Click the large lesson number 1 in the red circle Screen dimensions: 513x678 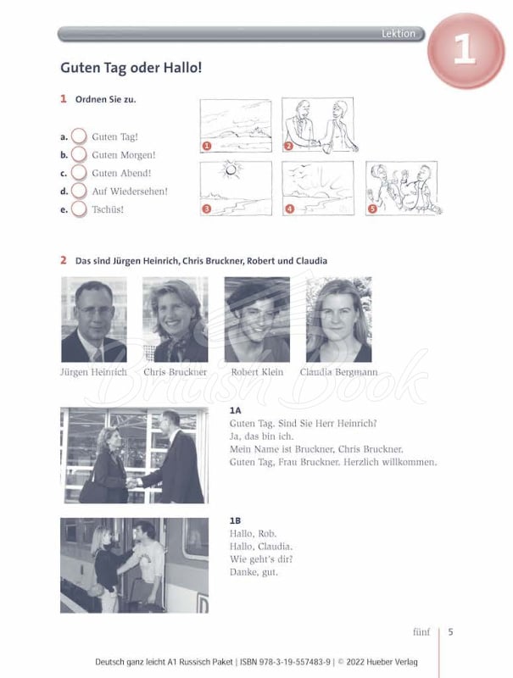tap(465, 50)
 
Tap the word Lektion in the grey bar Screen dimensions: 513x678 tap(399, 33)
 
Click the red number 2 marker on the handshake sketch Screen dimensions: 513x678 tap(288, 146)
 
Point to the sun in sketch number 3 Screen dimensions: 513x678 tap(231, 169)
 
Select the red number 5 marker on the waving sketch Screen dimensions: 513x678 tap(372, 209)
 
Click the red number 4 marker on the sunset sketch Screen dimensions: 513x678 tap(289, 209)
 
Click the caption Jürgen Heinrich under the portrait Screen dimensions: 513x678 tap(93, 372)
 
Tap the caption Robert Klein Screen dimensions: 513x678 tap(257, 372)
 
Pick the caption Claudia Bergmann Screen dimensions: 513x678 tap(338, 372)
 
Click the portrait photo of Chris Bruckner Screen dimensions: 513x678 tap(176, 320)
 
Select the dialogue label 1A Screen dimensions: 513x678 tap(236, 410)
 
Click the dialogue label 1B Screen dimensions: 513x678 tap(236, 520)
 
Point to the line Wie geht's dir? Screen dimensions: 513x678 tap(261, 559)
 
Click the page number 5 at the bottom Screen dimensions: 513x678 tap(451, 631)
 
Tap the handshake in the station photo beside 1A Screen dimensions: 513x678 tap(132, 482)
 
